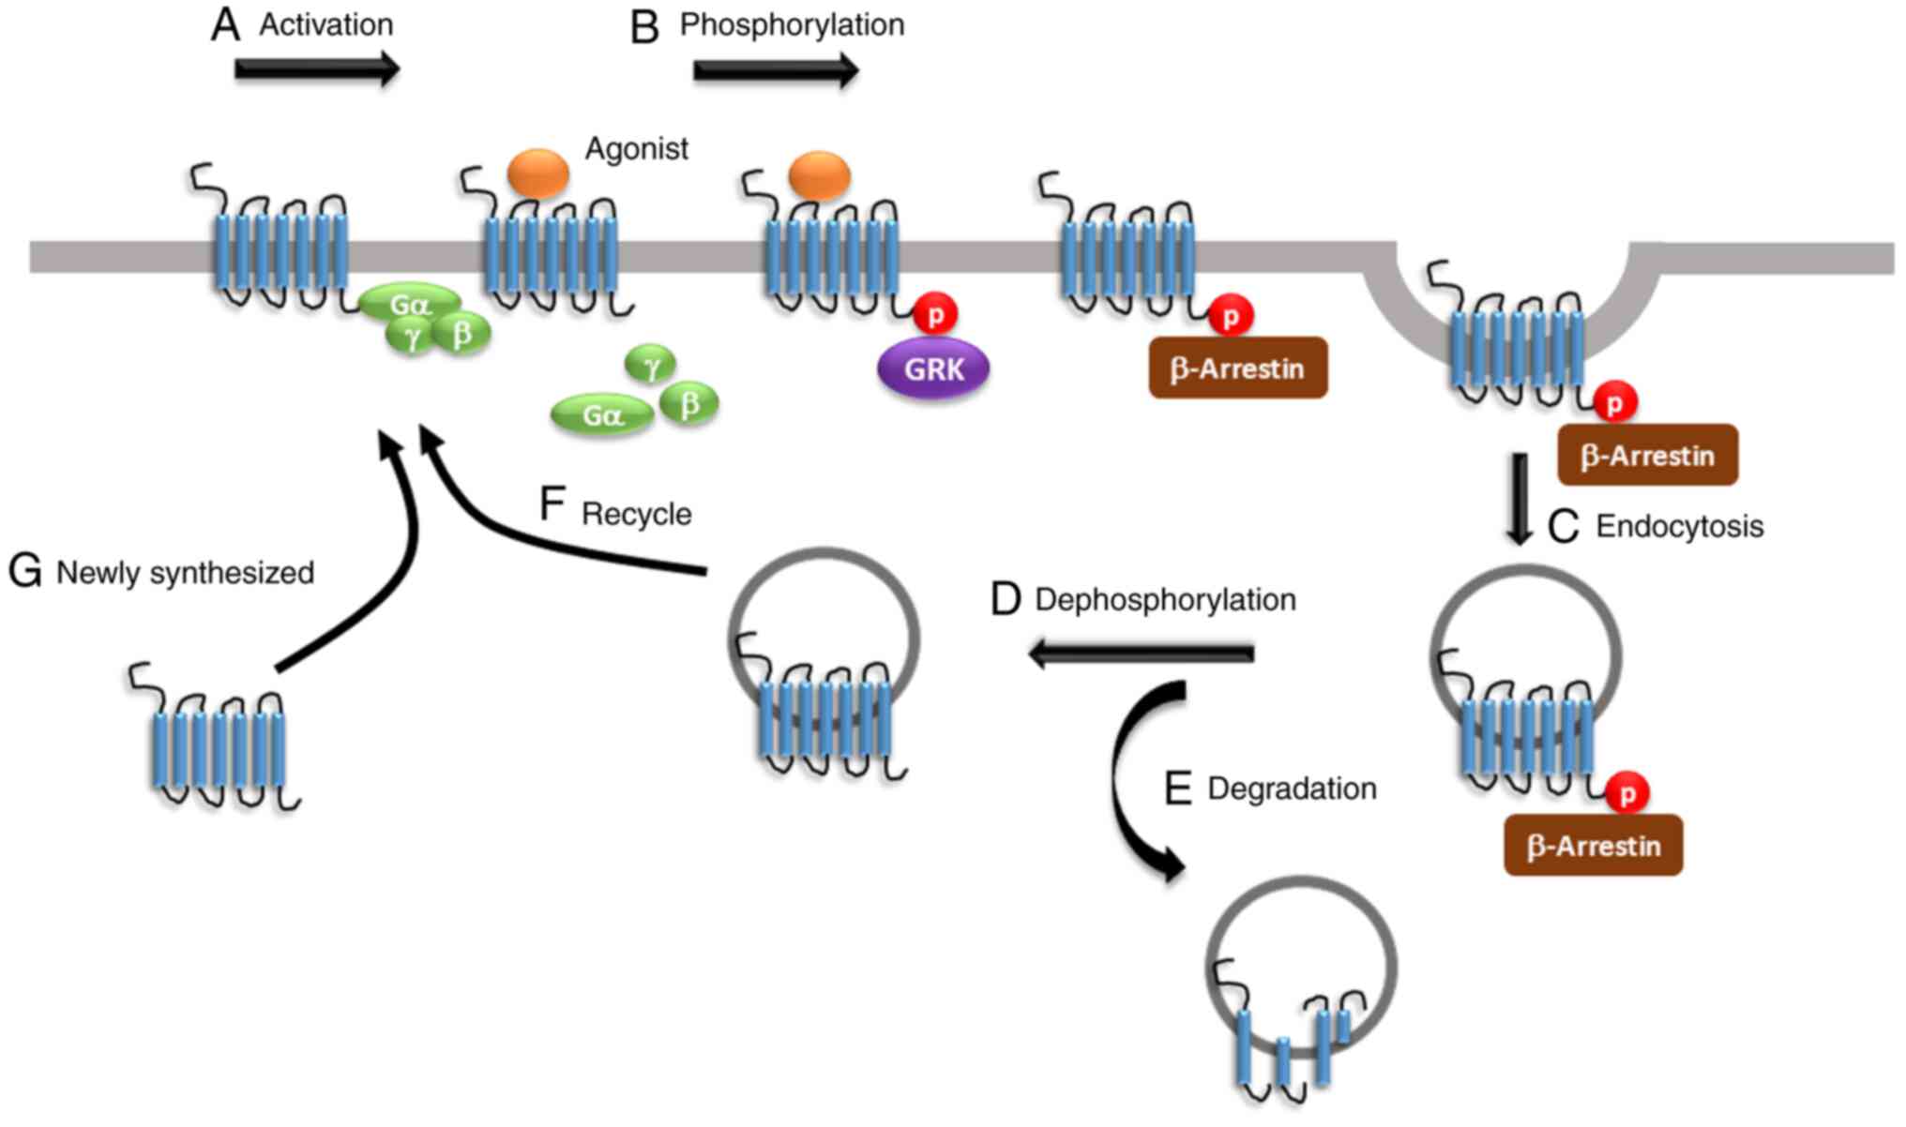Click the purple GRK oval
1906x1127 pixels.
(933, 368)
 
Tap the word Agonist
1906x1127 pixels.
(636, 148)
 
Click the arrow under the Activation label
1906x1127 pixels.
(317, 69)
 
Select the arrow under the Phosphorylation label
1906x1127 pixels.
(776, 70)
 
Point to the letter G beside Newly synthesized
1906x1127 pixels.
(24, 571)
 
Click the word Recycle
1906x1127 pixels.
(636, 514)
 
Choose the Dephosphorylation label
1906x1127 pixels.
(1165, 599)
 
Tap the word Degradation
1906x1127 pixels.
(1292, 789)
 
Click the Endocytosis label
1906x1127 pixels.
(1679, 526)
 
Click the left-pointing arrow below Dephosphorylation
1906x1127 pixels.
(1142, 654)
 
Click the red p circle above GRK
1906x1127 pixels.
(935, 314)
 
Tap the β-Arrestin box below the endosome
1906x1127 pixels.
(1593, 846)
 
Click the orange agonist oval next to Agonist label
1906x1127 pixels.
(538, 173)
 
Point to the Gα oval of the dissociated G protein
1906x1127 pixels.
(601, 414)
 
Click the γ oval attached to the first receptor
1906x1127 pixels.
(411, 338)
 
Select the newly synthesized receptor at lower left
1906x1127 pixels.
(219, 741)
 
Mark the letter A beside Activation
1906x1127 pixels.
(225, 25)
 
